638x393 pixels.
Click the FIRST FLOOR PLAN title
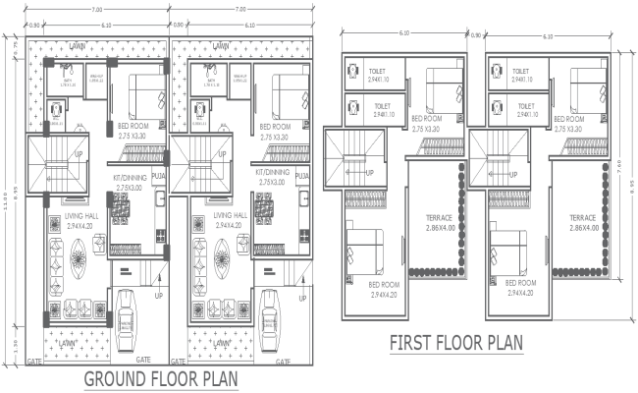point(456,343)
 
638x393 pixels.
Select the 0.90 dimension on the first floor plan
point(476,36)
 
